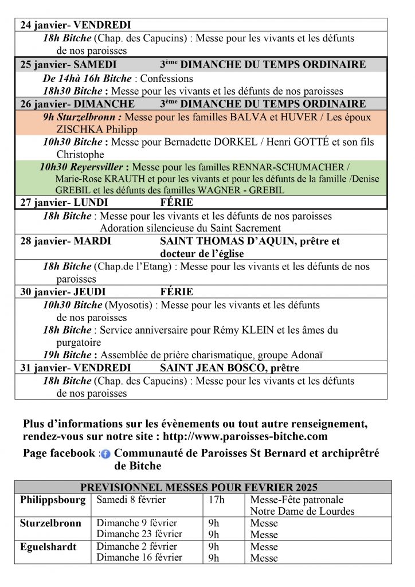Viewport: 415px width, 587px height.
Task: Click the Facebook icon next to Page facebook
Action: [105, 454]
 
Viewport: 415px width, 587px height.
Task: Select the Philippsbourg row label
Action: [53, 500]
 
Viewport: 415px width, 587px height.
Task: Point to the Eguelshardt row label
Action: [48, 546]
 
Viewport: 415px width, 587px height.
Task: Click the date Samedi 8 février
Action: [131, 500]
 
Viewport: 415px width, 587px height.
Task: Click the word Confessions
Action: [167, 79]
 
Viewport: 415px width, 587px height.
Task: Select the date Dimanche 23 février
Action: [139, 534]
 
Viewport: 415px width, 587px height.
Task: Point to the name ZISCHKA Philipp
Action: [89, 130]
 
